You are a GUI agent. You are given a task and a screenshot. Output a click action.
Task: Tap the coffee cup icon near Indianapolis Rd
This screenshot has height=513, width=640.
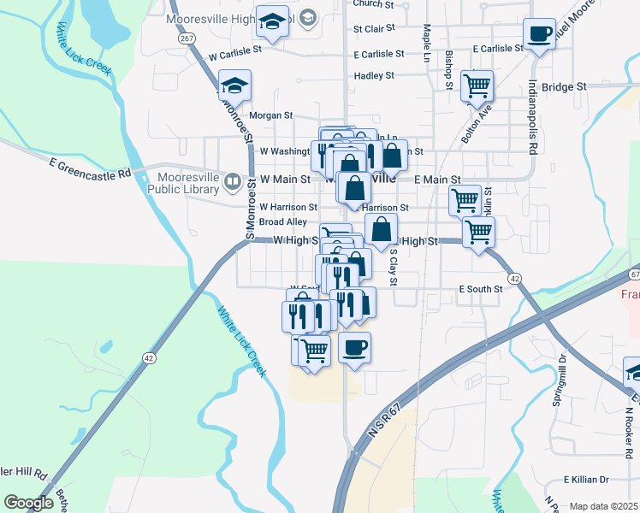(538, 35)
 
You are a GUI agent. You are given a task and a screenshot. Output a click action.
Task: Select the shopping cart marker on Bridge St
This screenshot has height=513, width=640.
(477, 85)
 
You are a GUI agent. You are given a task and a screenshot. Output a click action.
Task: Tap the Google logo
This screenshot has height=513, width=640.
(28, 503)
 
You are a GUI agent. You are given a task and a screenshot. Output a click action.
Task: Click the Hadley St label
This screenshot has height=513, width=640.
(374, 75)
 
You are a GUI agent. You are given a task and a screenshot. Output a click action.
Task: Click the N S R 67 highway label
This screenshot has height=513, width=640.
(384, 423)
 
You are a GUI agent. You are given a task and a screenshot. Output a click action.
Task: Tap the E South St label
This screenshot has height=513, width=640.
(480, 289)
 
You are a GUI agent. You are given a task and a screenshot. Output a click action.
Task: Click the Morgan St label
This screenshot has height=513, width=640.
(270, 115)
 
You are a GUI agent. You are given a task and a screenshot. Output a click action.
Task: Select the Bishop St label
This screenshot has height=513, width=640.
(448, 69)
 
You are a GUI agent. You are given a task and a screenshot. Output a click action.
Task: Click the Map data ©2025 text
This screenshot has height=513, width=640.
(603, 506)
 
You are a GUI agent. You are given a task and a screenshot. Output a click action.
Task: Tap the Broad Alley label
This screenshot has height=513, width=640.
(282, 222)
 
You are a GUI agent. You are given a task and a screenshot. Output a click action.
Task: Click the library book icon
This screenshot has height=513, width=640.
(232, 181)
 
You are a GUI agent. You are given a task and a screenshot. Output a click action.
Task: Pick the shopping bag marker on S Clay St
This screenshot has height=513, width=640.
(381, 230)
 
